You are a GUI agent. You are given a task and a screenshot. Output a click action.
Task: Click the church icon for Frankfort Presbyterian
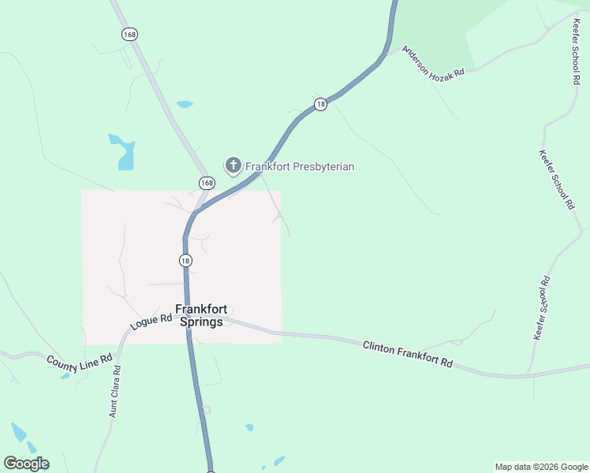(233, 166)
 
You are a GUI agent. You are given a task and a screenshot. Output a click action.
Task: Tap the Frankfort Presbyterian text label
(300, 166)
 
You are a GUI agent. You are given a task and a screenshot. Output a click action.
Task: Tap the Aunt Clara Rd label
(115, 391)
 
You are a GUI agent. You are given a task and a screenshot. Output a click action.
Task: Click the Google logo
(26, 464)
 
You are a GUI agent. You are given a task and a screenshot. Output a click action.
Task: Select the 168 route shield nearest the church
(206, 183)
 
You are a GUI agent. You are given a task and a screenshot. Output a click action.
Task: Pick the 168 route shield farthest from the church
(129, 34)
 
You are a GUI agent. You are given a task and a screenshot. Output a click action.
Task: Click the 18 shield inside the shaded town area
(185, 260)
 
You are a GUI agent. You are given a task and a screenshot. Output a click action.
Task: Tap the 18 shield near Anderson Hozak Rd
(320, 104)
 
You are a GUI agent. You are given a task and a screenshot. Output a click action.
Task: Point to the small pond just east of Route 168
(185, 104)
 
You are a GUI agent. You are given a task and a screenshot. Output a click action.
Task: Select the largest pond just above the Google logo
(18, 433)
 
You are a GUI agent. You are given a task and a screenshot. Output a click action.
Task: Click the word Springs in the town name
(201, 322)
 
